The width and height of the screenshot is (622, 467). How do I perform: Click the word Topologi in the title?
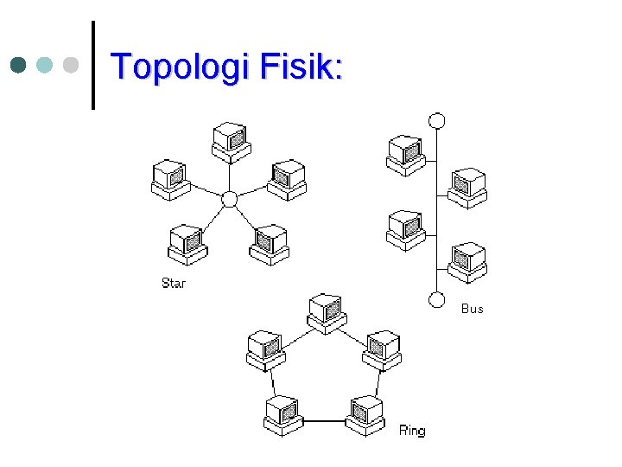(174, 67)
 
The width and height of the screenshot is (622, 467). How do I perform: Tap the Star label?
(174, 283)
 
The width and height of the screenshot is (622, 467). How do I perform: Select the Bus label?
(472, 309)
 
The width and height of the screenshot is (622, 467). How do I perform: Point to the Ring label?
(412, 430)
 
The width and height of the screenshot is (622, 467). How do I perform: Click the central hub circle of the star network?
(229, 199)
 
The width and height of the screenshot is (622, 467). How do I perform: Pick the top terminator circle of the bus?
(437, 120)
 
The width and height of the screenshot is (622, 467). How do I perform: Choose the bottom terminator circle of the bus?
(437, 299)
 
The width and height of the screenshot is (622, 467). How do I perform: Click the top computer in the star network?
(231, 142)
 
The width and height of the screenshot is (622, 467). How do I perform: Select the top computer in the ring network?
(328, 313)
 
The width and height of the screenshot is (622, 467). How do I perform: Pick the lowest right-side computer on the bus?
(467, 263)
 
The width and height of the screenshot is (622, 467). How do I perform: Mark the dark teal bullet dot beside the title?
(19, 65)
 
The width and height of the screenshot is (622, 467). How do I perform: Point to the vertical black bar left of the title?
(93, 66)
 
